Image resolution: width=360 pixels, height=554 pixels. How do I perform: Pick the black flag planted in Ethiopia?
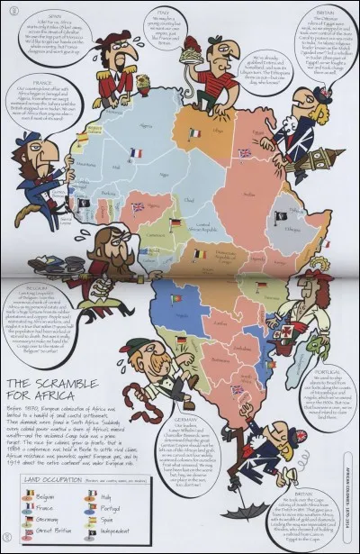[281, 217]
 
